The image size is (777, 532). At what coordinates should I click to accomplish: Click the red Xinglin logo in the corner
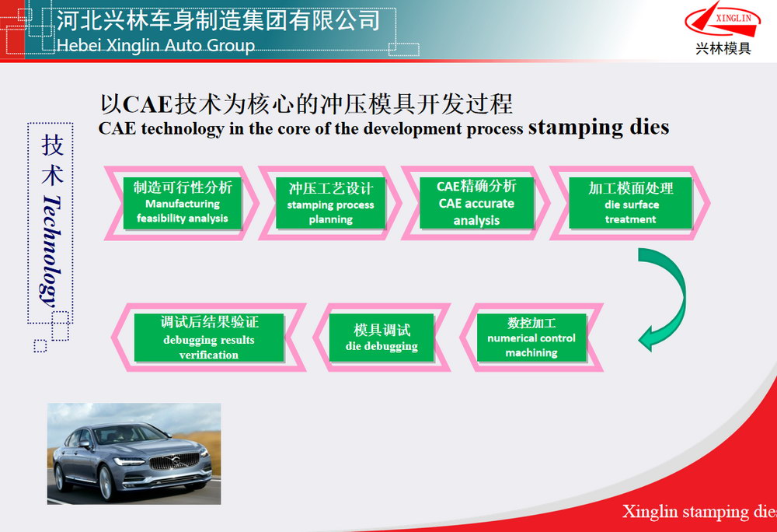pos(723,19)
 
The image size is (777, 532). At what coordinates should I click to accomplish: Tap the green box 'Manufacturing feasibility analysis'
pos(183,203)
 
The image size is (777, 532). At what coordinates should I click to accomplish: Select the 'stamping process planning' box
pos(330,203)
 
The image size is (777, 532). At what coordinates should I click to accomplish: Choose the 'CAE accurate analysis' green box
pos(477,203)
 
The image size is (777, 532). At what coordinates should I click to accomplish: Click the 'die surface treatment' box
pos(630,203)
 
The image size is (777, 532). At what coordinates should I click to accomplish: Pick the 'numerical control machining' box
pos(531,338)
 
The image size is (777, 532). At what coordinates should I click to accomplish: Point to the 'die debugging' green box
pos(382,338)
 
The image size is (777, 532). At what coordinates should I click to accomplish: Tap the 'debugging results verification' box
pos(209,338)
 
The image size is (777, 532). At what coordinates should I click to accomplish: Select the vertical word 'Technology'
pos(51,250)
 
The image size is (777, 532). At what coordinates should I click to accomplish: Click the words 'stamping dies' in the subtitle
pos(598,127)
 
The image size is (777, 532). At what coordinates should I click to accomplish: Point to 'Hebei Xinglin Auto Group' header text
pos(155,45)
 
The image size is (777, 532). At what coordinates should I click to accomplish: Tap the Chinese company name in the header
pos(218,20)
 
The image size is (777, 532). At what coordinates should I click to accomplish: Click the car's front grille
pos(174,462)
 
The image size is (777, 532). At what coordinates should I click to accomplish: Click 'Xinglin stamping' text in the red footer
pos(685,511)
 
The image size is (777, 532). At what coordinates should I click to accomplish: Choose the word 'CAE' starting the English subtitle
pos(117,128)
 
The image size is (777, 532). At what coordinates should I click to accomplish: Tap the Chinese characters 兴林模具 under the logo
pos(723,48)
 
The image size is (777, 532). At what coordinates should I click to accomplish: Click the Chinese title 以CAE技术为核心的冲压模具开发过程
pos(306,103)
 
